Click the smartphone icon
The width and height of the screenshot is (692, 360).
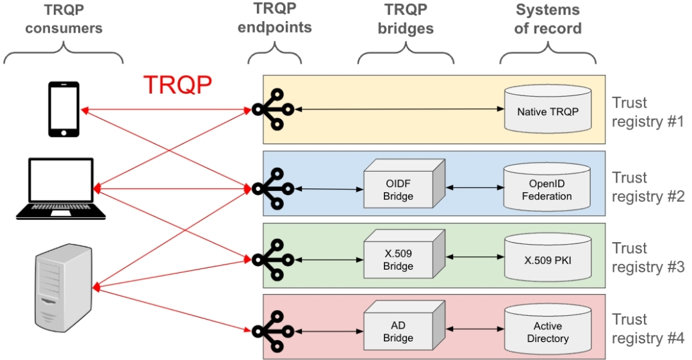[x=64, y=109]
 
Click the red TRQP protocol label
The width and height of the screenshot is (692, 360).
[x=177, y=85]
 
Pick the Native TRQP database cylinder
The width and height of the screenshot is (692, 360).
[x=547, y=110]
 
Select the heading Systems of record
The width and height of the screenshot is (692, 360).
[x=548, y=19]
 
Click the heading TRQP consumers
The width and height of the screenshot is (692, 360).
[x=64, y=19]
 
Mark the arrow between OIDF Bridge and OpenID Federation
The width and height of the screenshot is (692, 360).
[x=475, y=188]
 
